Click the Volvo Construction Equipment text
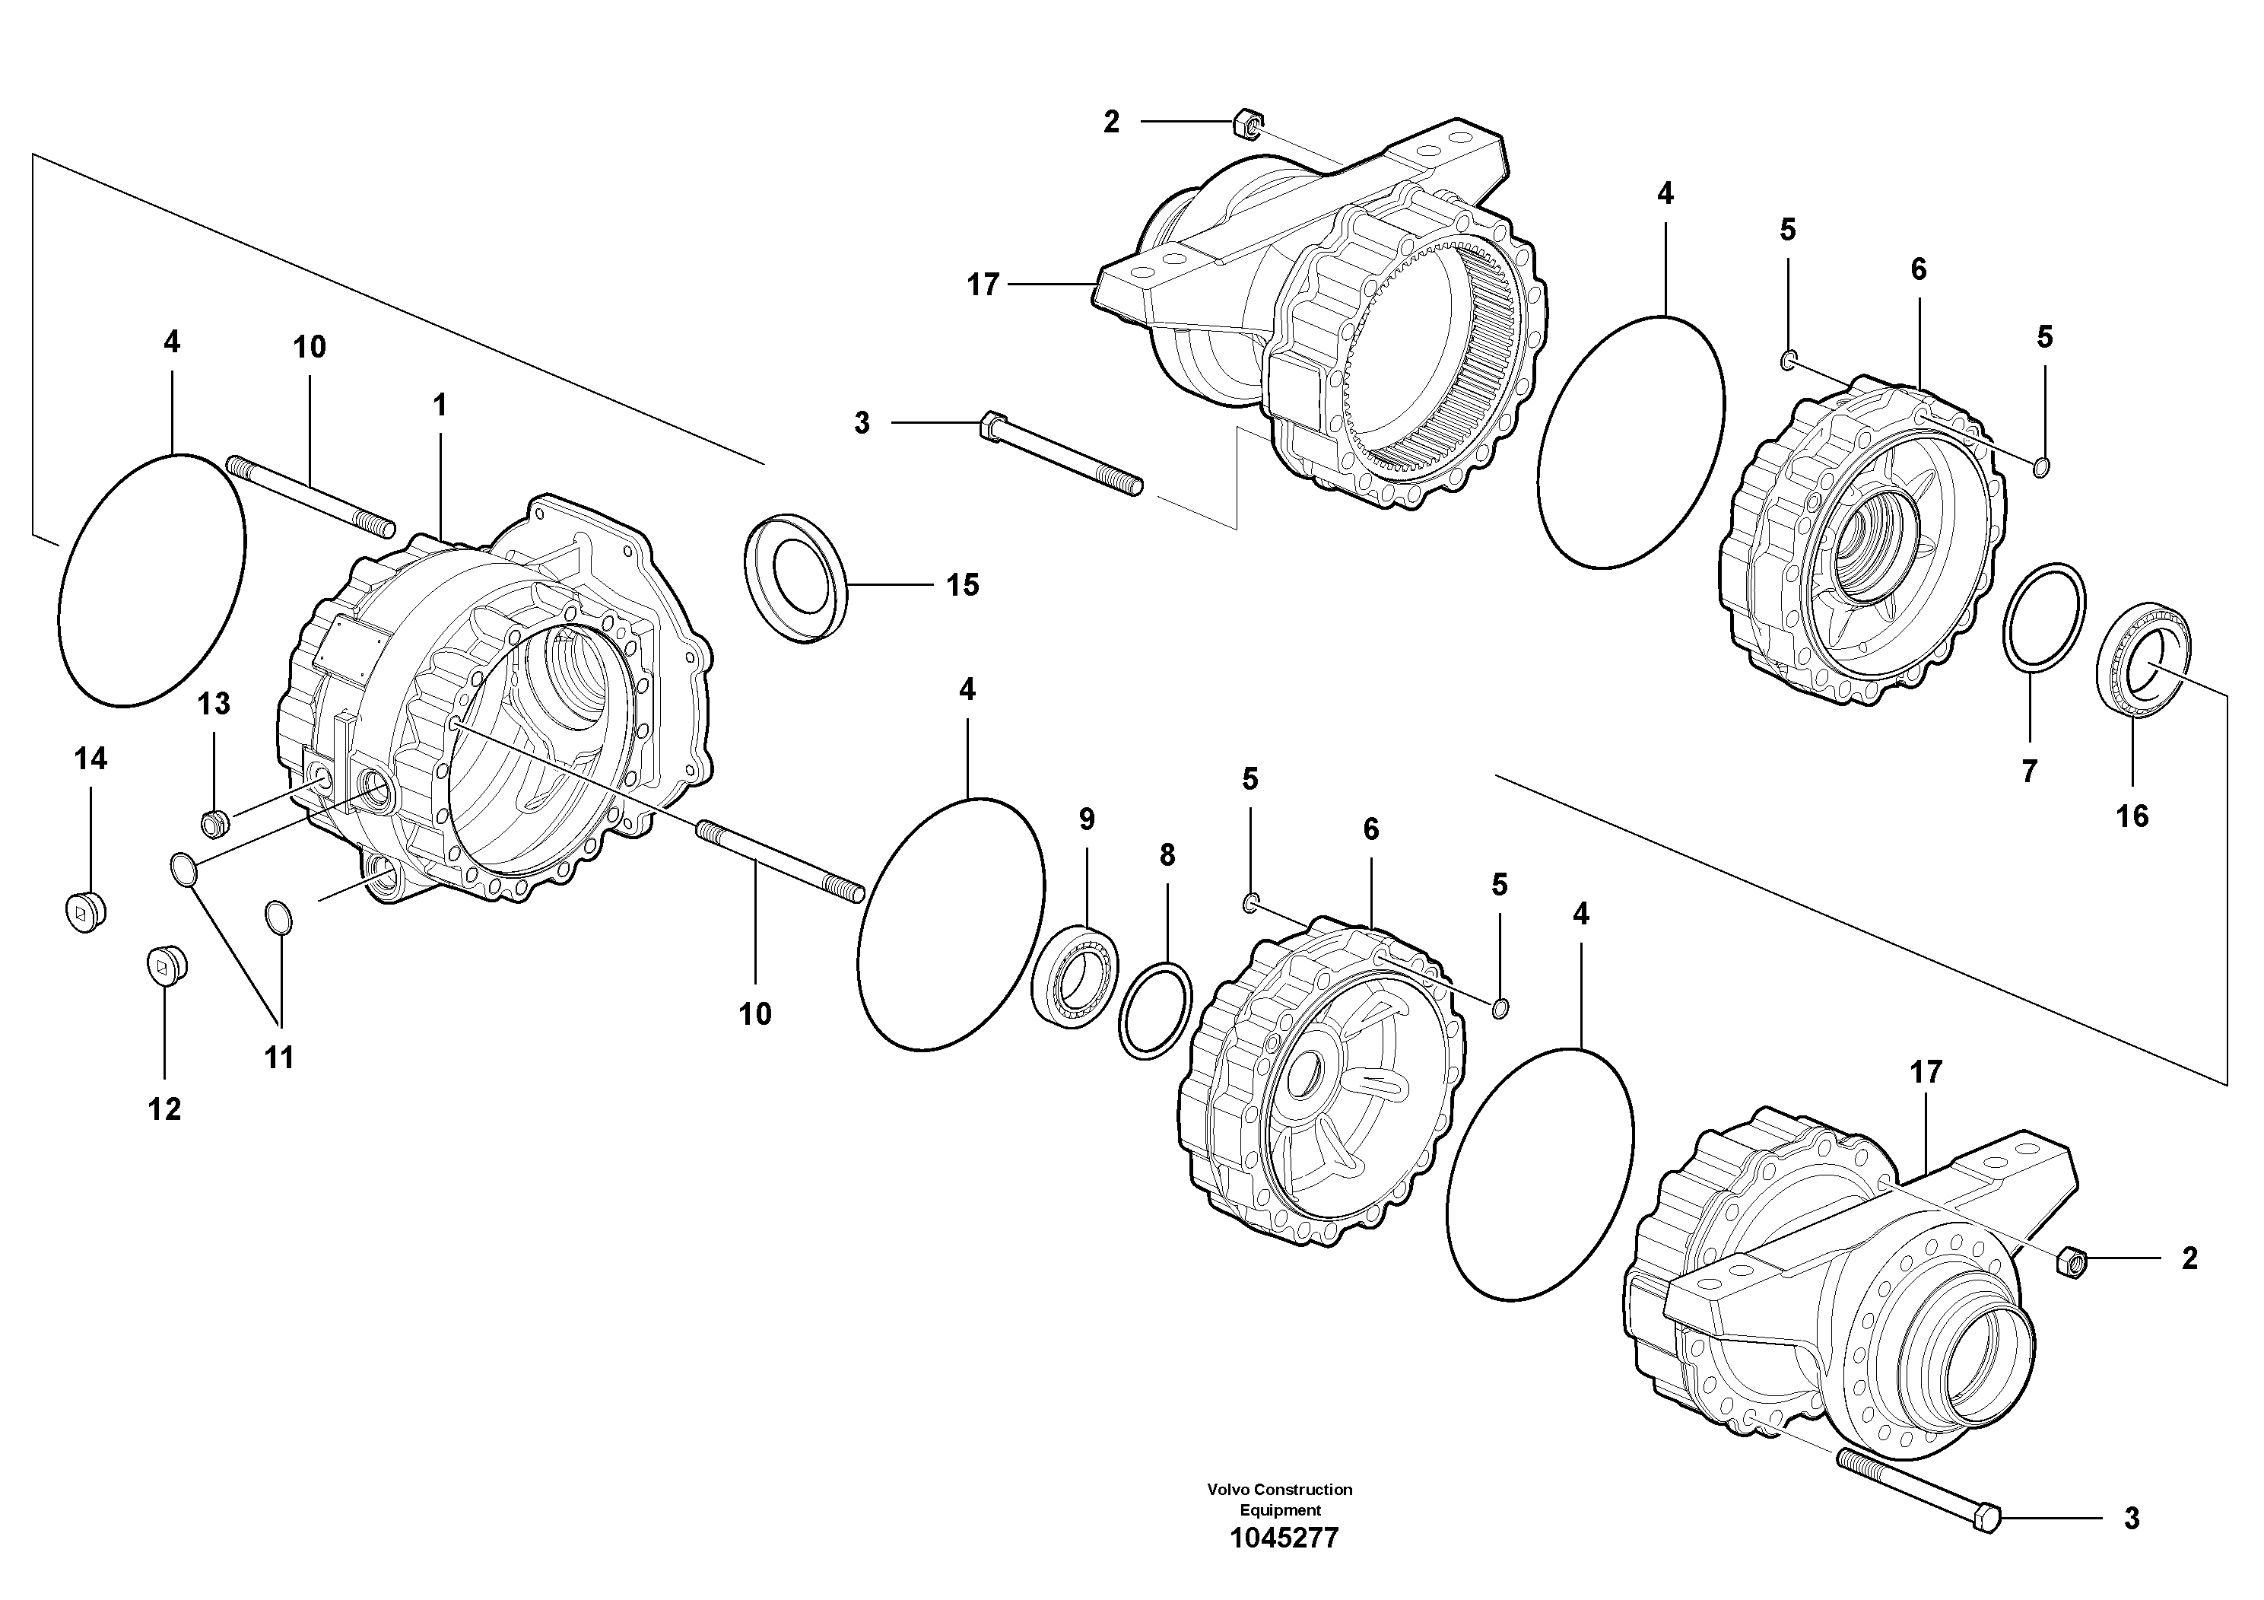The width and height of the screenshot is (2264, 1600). [1280, 1500]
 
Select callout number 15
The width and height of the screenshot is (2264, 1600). [962, 585]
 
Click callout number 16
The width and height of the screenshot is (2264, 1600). [2132, 816]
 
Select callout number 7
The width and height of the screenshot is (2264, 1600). [2028, 771]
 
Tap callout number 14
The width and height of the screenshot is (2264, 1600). [90, 759]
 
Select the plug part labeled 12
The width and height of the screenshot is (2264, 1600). [167, 965]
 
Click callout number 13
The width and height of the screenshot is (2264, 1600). [214, 703]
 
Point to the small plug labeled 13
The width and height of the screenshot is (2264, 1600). [214, 819]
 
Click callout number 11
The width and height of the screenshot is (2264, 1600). [279, 1058]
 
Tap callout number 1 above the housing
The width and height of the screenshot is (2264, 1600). [440, 405]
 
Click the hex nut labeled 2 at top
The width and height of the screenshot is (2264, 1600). [1246, 126]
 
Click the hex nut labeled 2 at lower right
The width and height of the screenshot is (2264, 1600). [2070, 1261]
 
